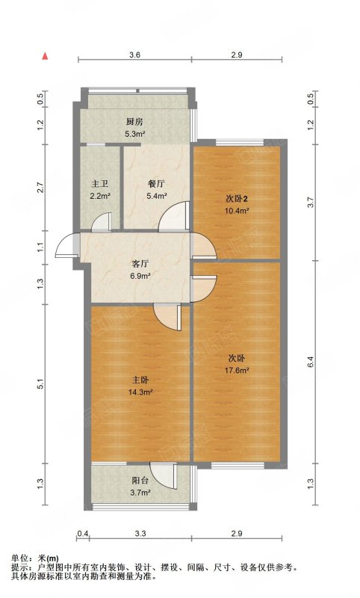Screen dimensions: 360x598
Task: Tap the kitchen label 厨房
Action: point(134,122)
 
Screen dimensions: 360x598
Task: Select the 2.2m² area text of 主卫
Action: point(101,196)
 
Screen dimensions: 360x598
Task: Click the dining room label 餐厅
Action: point(156,184)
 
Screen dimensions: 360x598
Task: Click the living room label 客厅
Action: point(140,264)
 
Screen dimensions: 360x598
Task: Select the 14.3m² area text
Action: point(140,391)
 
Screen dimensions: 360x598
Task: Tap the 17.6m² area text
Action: point(237,369)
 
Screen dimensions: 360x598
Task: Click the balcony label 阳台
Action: point(140,481)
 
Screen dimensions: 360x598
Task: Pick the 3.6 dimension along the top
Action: point(134,55)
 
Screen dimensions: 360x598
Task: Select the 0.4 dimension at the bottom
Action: point(83,534)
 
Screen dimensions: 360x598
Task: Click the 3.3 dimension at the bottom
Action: point(140,534)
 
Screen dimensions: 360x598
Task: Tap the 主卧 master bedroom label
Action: point(140,380)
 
